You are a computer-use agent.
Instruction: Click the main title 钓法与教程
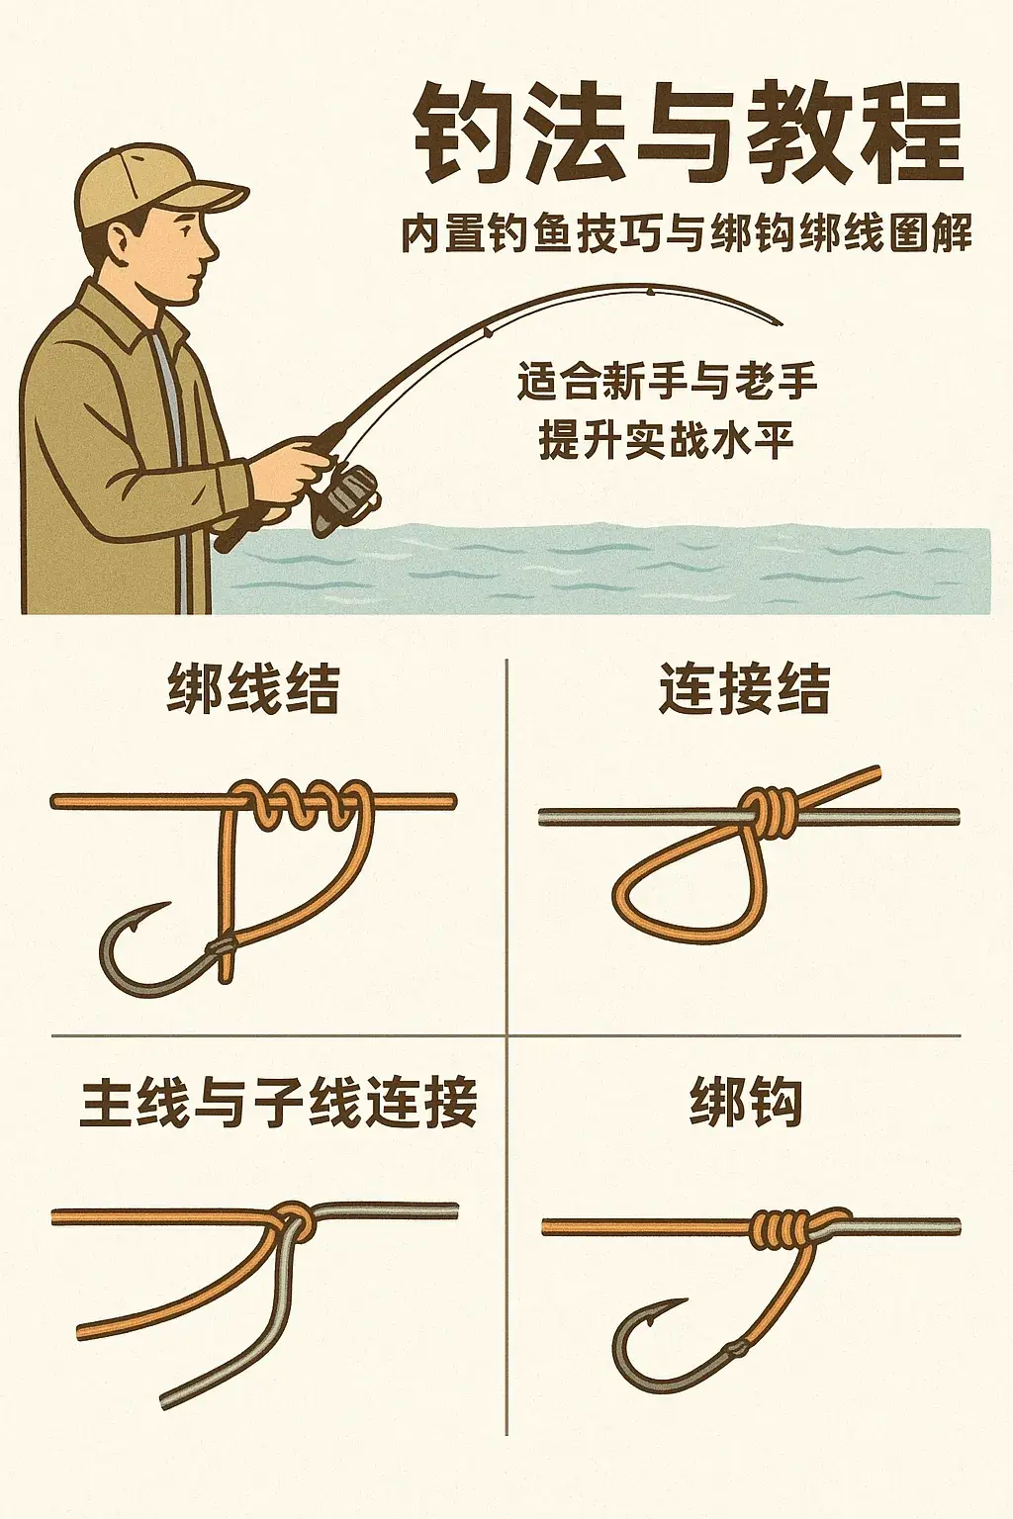[x=687, y=135]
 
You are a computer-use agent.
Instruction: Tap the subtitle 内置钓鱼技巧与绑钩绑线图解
[x=686, y=235]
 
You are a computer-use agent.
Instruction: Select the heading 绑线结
[x=253, y=689]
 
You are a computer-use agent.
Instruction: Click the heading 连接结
[x=744, y=689]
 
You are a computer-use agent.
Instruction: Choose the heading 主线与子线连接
[x=278, y=1103]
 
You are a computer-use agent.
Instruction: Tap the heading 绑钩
[x=745, y=1103]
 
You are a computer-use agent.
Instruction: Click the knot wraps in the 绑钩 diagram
[x=782, y=1228]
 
